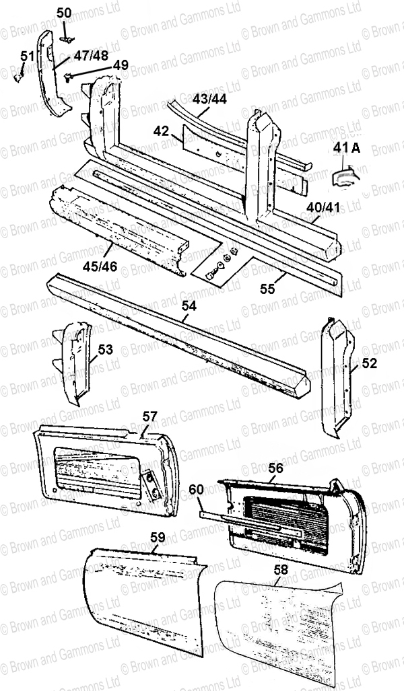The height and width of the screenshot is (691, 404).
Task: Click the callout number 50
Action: pyautogui.click(x=63, y=13)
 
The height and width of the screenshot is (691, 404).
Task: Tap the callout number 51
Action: pyautogui.click(x=28, y=56)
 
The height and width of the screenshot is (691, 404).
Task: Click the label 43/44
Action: pyautogui.click(x=210, y=99)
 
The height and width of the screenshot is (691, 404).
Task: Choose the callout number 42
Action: pyautogui.click(x=162, y=131)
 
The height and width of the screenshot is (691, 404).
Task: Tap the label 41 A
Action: pyautogui.click(x=347, y=149)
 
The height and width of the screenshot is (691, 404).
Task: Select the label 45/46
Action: pyautogui.click(x=101, y=266)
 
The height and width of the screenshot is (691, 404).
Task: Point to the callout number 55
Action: pyautogui.click(x=267, y=289)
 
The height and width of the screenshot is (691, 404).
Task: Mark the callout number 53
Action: pyautogui.click(x=106, y=349)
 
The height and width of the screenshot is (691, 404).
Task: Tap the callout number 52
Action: pyautogui.click(x=370, y=363)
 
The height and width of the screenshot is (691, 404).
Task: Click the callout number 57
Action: pyautogui.click(x=149, y=416)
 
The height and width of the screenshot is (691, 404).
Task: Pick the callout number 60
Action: pyautogui.click(x=197, y=488)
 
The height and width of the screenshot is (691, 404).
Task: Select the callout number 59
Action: pyautogui.click(x=158, y=537)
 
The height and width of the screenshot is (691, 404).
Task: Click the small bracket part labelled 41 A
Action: pyautogui.click(x=345, y=175)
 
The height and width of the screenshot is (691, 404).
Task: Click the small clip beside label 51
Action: pyautogui.click(x=18, y=77)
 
